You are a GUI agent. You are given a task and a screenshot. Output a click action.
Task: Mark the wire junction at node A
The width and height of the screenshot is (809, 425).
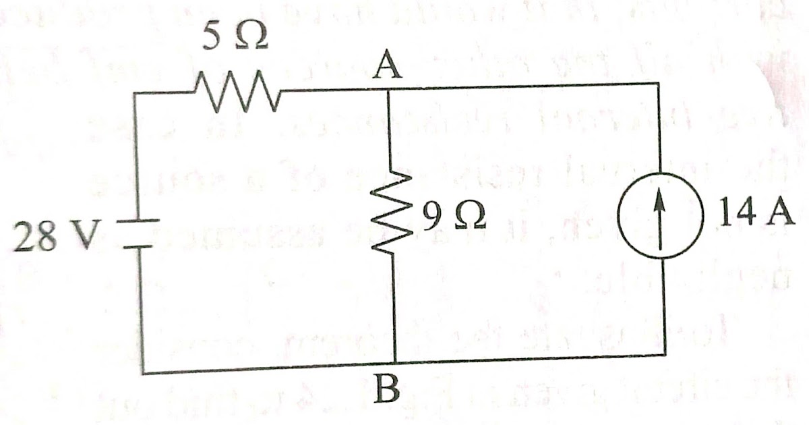tap(390, 87)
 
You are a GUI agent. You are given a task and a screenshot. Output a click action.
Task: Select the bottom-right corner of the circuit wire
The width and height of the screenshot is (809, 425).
tap(665, 354)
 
